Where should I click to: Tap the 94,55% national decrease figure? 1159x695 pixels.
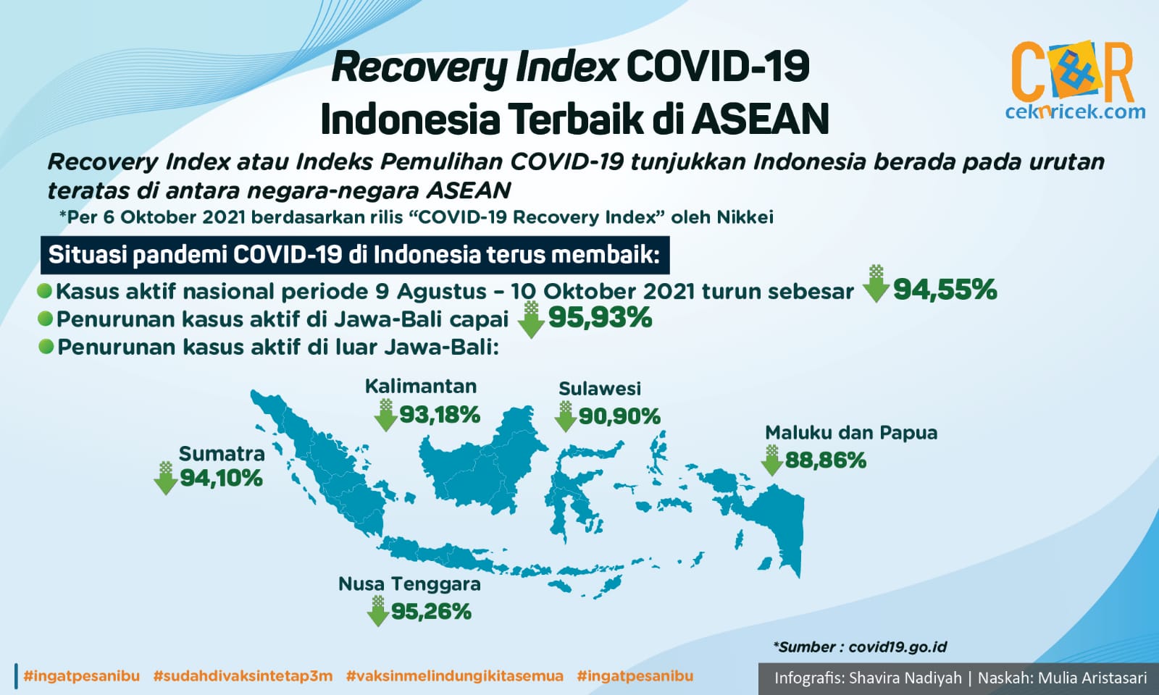(x=945, y=290)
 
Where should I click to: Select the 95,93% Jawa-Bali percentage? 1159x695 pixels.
(x=601, y=318)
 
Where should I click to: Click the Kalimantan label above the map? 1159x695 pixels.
(x=421, y=387)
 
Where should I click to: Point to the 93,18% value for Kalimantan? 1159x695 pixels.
(x=440, y=415)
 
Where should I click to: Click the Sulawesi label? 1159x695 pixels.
(x=600, y=388)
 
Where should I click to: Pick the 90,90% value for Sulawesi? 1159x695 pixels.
(x=619, y=416)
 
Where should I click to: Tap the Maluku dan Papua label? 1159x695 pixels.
(x=851, y=432)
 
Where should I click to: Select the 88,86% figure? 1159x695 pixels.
(x=826, y=460)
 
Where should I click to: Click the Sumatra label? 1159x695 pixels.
(x=222, y=453)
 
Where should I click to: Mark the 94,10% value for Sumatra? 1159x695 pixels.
(x=221, y=479)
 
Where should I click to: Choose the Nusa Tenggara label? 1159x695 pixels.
(x=409, y=584)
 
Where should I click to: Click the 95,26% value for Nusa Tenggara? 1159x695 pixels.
(x=431, y=612)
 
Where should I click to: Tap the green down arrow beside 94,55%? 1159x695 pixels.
(x=876, y=283)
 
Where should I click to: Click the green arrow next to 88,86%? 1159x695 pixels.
(x=772, y=460)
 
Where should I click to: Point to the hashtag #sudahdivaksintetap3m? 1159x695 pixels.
(x=243, y=676)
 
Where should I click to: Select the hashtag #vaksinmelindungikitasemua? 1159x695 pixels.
(x=454, y=676)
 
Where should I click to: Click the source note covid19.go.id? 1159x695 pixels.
(x=860, y=647)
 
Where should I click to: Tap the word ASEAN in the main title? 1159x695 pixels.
(x=760, y=119)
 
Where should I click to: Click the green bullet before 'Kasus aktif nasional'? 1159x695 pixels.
(x=44, y=290)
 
